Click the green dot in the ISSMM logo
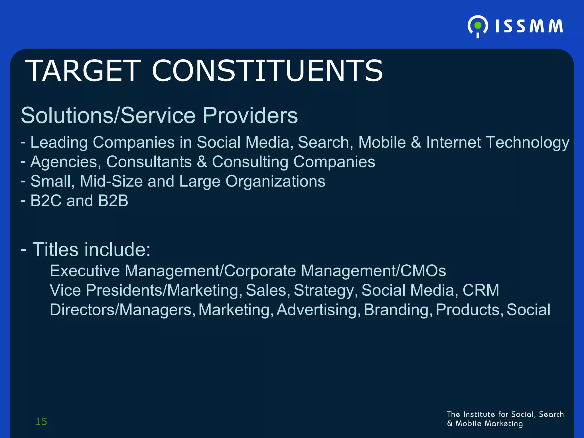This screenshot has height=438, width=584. pyautogui.click(x=478, y=26)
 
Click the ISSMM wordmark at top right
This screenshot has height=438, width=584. pyautogui.click(x=529, y=26)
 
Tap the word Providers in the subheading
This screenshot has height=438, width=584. pyautogui.click(x=250, y=115)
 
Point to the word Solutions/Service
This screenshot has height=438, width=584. pyautogui.click(x=108, y=115)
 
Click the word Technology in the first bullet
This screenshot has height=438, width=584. pyautogui.click(x=527, y=142)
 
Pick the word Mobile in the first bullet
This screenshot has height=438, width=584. pyautogui.click(x=382, y=142)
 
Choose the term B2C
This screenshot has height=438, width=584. pyautogui.click(x=46, y=201)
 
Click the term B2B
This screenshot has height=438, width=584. pyautogui.click(x=113, y=201)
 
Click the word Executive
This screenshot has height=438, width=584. pyautogui.click(x=85, y=271)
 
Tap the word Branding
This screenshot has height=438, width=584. pyautogui.click(x=396, y=310)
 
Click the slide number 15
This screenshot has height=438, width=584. pyautogui.click(x=41, y=421)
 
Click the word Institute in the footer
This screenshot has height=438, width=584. pyautogui.click(x=479, y=414)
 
